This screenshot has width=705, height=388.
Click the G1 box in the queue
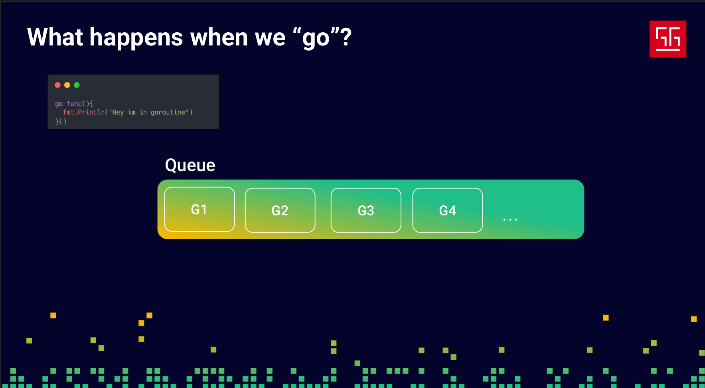point(199,209)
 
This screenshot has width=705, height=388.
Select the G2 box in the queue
point(280,210)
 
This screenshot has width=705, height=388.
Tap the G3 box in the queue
point(366,210)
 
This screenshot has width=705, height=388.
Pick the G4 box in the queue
point(448,210)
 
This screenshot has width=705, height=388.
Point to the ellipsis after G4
point(510,219)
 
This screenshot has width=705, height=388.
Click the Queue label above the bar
point(190,165)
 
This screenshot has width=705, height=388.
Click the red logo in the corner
point(668,39)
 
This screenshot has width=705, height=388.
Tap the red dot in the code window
point(57,85)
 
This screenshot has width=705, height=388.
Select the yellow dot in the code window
point(67,85)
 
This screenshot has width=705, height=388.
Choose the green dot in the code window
point(77,85)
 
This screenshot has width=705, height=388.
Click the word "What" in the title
point(55,37)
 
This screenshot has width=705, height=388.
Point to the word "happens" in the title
point(136,39)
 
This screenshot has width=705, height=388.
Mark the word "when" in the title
point(219,37)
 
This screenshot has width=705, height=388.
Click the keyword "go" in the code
point(59,104)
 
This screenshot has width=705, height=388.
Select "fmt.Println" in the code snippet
point(84,112)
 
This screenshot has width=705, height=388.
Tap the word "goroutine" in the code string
point(168,113)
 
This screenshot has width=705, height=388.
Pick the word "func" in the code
point(74,104)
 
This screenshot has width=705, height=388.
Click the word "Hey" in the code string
point(118,113)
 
